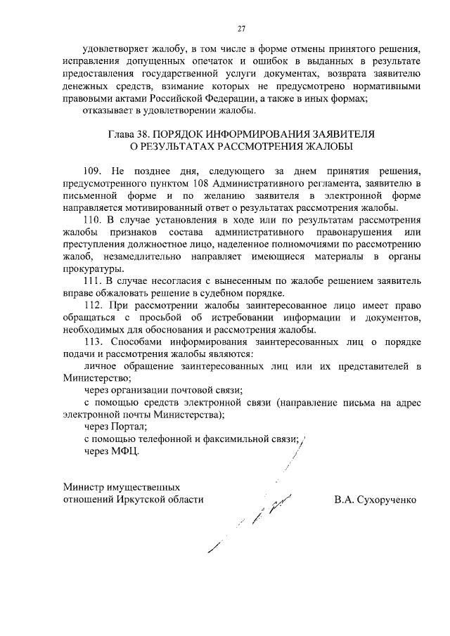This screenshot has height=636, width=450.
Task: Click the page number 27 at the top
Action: coord(241,29)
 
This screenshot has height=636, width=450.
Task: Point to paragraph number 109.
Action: coord(93,171)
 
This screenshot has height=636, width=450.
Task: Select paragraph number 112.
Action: coord(93,306)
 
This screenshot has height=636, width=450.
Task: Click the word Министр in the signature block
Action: coord(82,486)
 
